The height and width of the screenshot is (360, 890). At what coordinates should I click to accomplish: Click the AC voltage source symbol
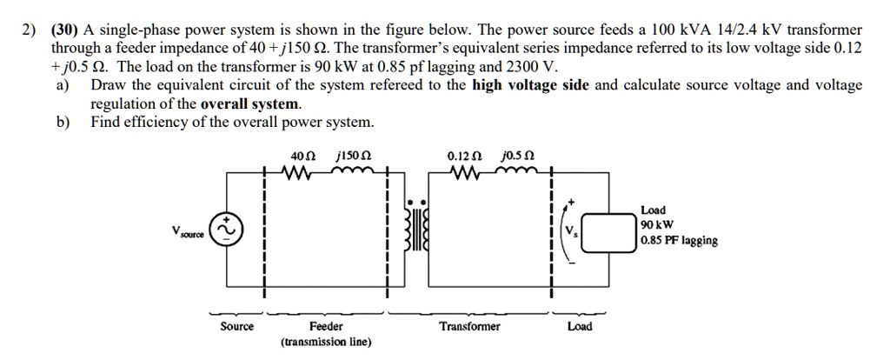(229, 229)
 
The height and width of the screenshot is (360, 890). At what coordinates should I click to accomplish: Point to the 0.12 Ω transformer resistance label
(462, 157)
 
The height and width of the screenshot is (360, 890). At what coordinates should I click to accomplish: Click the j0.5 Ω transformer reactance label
(518, 157)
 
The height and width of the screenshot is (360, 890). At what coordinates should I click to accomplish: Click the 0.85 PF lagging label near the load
(679, 241)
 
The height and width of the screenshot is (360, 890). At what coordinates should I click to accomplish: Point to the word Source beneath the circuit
(236, 326)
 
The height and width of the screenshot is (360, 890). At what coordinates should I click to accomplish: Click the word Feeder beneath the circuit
(326, 326)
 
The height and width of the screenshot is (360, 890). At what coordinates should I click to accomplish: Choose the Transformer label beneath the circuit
(469, 326)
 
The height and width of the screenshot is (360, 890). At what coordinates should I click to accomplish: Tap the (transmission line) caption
(326, 342)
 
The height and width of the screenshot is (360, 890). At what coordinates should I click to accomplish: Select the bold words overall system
(250, 103)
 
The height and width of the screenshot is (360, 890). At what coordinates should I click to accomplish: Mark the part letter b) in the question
(63, 122)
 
